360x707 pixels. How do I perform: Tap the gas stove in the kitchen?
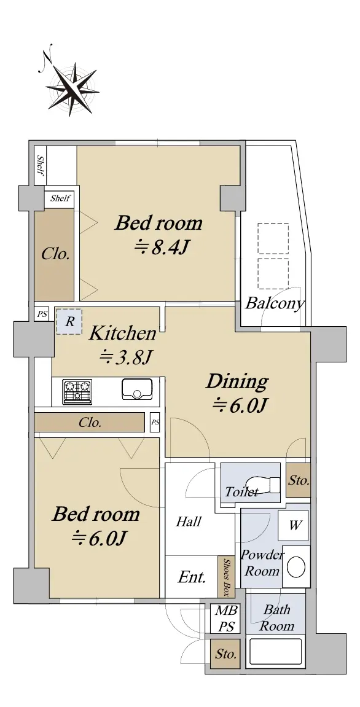pyautogui.click(x=77, y=391)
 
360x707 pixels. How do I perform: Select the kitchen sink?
pyautogui.click(x=137, y=389)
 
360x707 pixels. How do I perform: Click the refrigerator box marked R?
pyautogui.click(x=69, y=321)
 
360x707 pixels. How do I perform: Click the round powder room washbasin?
pyautogui.click(x=296, y=566)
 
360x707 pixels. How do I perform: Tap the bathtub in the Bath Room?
pyautogui.click(x=275, y=652)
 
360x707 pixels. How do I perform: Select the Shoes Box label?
pyautogui.click(x=227, y=577)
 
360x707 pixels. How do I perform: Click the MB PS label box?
pyautogui.click(x=225, y=619)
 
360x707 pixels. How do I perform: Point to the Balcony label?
pyautogui.click(x=274, y=303)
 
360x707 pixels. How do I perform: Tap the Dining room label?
pyautogui.click(x=237, y=382)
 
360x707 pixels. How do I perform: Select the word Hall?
pyautogui.click(x=189, y=522)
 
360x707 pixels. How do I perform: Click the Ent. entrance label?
pyautogui.click(x=192, y=577)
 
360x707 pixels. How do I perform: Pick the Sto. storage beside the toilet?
pyautogui.click(x=299, y=480)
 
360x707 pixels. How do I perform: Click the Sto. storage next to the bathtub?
pyautogui.click(x=225, y=654)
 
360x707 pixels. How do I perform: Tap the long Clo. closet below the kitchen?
pyautogui.click(x=90, y=423)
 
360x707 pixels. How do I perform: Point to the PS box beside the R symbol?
pyautogui.click(x=42, y=314)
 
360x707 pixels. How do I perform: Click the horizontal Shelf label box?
pyautogui.click(x=60, y=198)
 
